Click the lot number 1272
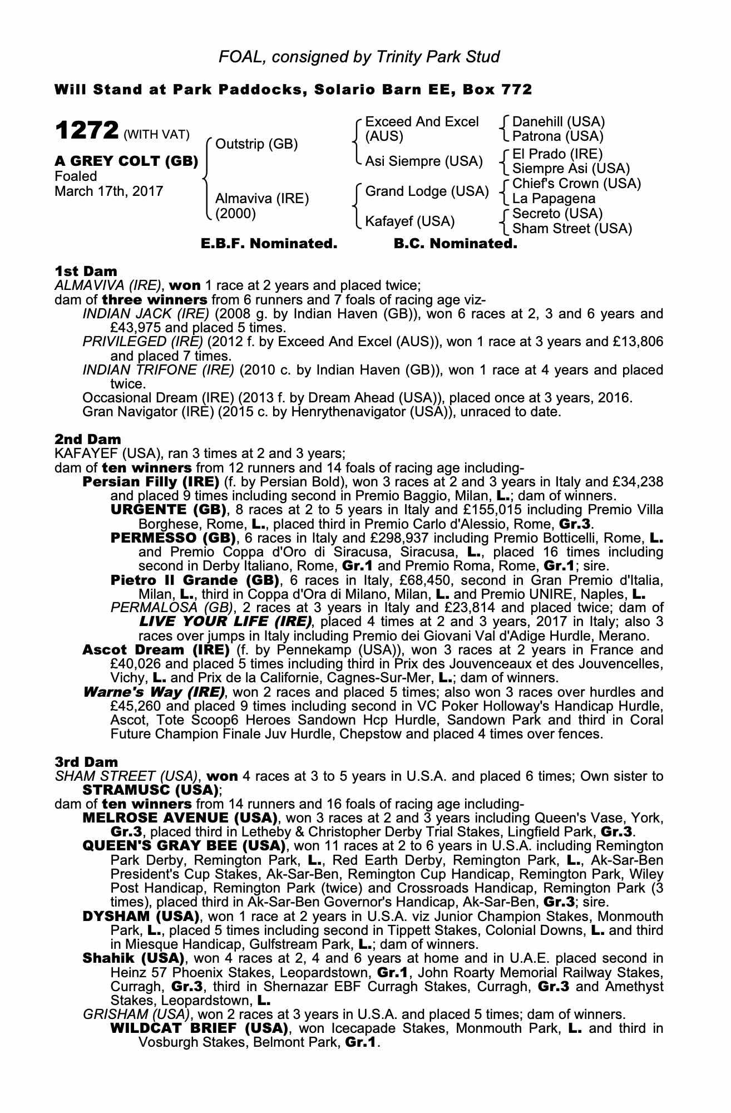(x=87, y=131)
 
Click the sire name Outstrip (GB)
(x=256, y=145)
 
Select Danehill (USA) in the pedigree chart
(x=558, y=122)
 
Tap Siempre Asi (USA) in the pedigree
(x=571, y=169)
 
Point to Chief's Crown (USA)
(x=576, y=184)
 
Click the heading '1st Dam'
(x=86, y=272)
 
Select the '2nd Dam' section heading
(x=88, y=440)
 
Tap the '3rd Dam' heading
(x=87, y=762)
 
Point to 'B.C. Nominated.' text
(x=455, y=244)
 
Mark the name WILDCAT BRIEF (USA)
(x=199, y=1028)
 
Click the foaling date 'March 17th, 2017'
(x=109, y=191)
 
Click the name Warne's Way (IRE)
(x=154, y=692)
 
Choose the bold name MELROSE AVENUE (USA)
(x=180, y=818)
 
